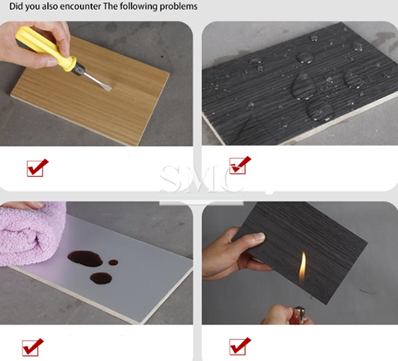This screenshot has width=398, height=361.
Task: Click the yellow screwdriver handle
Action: pos(45,48)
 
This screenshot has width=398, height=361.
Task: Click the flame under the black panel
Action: pos(302,267)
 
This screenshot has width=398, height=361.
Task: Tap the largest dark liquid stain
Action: pos(85,258)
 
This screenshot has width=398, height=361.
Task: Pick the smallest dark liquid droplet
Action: pos(113,262)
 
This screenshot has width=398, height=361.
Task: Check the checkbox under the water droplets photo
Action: pos(240,165)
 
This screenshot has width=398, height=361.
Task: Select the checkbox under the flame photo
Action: pos(240,347)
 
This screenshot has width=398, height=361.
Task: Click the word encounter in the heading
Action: pos(80,6)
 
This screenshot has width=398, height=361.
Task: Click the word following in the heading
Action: pos(138,6)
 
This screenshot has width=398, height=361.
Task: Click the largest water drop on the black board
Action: pos(304,87)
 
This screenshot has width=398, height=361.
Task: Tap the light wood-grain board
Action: pos(90,91)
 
